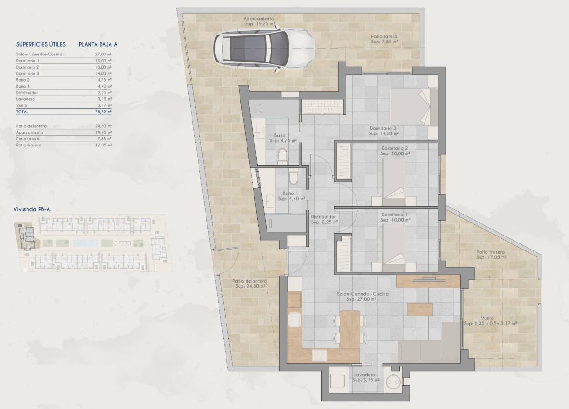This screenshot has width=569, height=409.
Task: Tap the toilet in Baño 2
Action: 282,156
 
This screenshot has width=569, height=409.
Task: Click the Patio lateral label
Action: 384,39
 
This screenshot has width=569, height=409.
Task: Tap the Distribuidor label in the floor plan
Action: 324,219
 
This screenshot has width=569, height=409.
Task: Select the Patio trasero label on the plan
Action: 490,254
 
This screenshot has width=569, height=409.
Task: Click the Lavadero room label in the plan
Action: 365,377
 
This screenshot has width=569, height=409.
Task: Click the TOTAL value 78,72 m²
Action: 103,112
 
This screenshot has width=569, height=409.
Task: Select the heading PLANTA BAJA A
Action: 98,45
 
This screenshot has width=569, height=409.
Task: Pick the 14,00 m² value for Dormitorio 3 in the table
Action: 103,73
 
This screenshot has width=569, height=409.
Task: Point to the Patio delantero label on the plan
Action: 249,284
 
